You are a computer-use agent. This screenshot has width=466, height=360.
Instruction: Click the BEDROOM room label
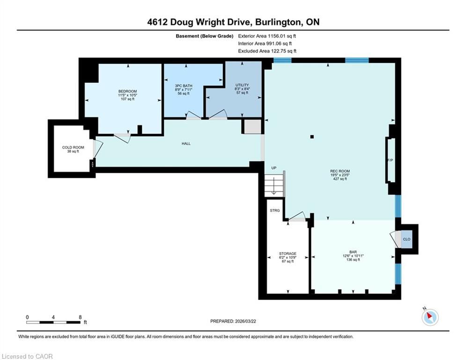[127, 91]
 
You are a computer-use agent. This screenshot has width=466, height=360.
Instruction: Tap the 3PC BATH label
[184, 86]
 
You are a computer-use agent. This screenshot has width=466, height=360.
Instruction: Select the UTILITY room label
[242, 85]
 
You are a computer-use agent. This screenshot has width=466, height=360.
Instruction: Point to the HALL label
[186, 144]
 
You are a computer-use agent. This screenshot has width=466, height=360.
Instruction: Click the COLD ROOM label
[73, 148]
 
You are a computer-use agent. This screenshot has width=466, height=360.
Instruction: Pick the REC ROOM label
[340, 171]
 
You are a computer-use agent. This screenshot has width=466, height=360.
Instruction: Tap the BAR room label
[353, 252]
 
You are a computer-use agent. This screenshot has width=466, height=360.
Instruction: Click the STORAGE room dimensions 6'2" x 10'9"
[288, 257]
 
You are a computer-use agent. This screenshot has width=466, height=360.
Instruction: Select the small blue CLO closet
[407, 239]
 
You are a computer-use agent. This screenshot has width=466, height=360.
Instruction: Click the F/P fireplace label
[390, 160]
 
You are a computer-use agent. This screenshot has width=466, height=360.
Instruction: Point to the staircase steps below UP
[274, 185]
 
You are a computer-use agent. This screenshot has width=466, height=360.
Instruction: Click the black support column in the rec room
[312, 137]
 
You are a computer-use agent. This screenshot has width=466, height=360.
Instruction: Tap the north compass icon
[430, 317]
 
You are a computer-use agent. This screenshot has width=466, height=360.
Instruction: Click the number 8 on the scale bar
[80, 317]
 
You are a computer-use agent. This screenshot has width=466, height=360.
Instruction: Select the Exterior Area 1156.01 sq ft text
[267, 36]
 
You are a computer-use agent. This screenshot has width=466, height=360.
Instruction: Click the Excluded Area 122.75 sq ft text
[267, 51]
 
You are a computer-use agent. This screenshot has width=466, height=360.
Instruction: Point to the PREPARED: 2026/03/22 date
[233, 321]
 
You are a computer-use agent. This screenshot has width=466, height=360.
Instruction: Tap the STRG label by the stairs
[274, 210]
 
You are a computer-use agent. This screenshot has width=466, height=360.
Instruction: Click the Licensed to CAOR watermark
[27, 356]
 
